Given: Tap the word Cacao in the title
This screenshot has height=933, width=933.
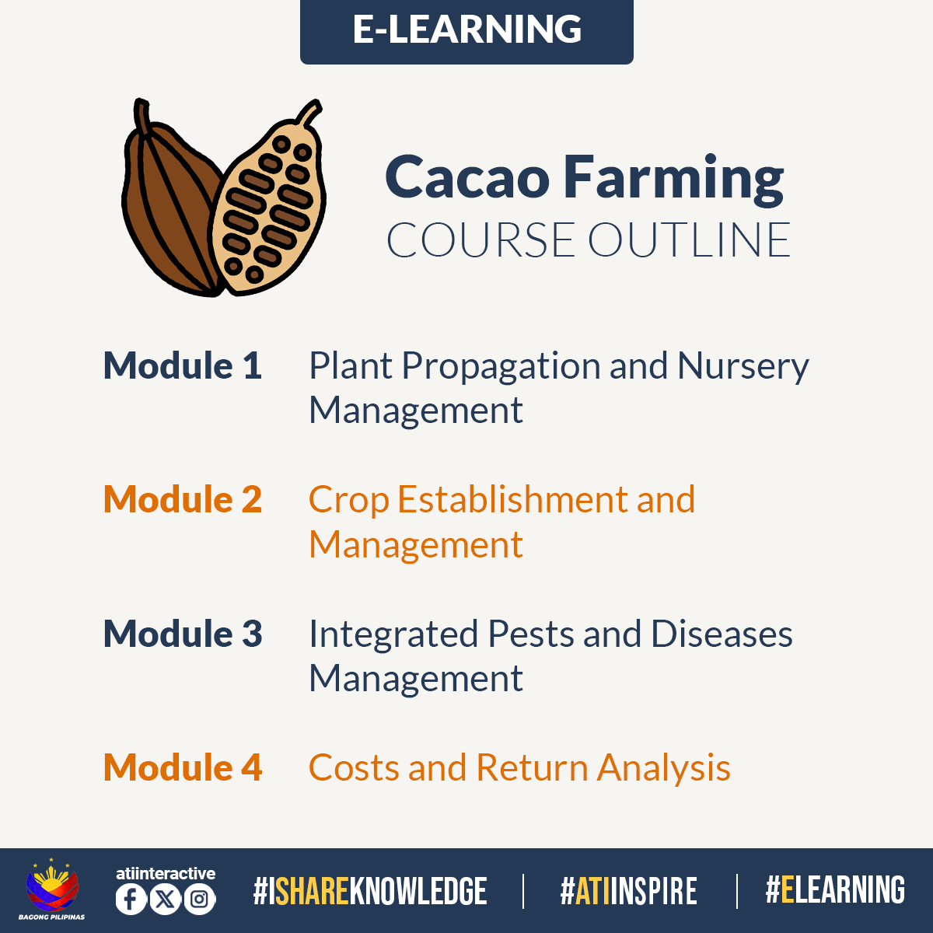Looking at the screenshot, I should click(466, 177).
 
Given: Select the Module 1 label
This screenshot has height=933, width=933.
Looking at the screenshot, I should click(183, 366).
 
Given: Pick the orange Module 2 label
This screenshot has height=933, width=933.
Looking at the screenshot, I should click(183, 500).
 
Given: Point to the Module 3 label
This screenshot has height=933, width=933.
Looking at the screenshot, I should click(183, 634).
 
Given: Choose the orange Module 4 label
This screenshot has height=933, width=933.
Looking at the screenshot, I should click(183, 768).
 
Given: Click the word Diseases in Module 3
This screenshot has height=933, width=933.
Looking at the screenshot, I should click(722, 634).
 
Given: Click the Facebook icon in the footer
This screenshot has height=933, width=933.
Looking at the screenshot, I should click(131, 900).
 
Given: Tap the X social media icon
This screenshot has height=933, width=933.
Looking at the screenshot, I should click(165, 900).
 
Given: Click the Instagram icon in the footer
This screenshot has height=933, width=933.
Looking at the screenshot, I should click(199, 900).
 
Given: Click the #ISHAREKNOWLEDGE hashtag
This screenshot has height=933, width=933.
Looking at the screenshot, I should click(370, 892).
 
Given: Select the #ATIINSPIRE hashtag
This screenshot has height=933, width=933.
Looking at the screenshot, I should click(628, 892).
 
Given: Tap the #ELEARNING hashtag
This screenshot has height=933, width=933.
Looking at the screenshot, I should click(835, 890).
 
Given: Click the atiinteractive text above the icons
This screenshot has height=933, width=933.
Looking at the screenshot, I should click(165, 873).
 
